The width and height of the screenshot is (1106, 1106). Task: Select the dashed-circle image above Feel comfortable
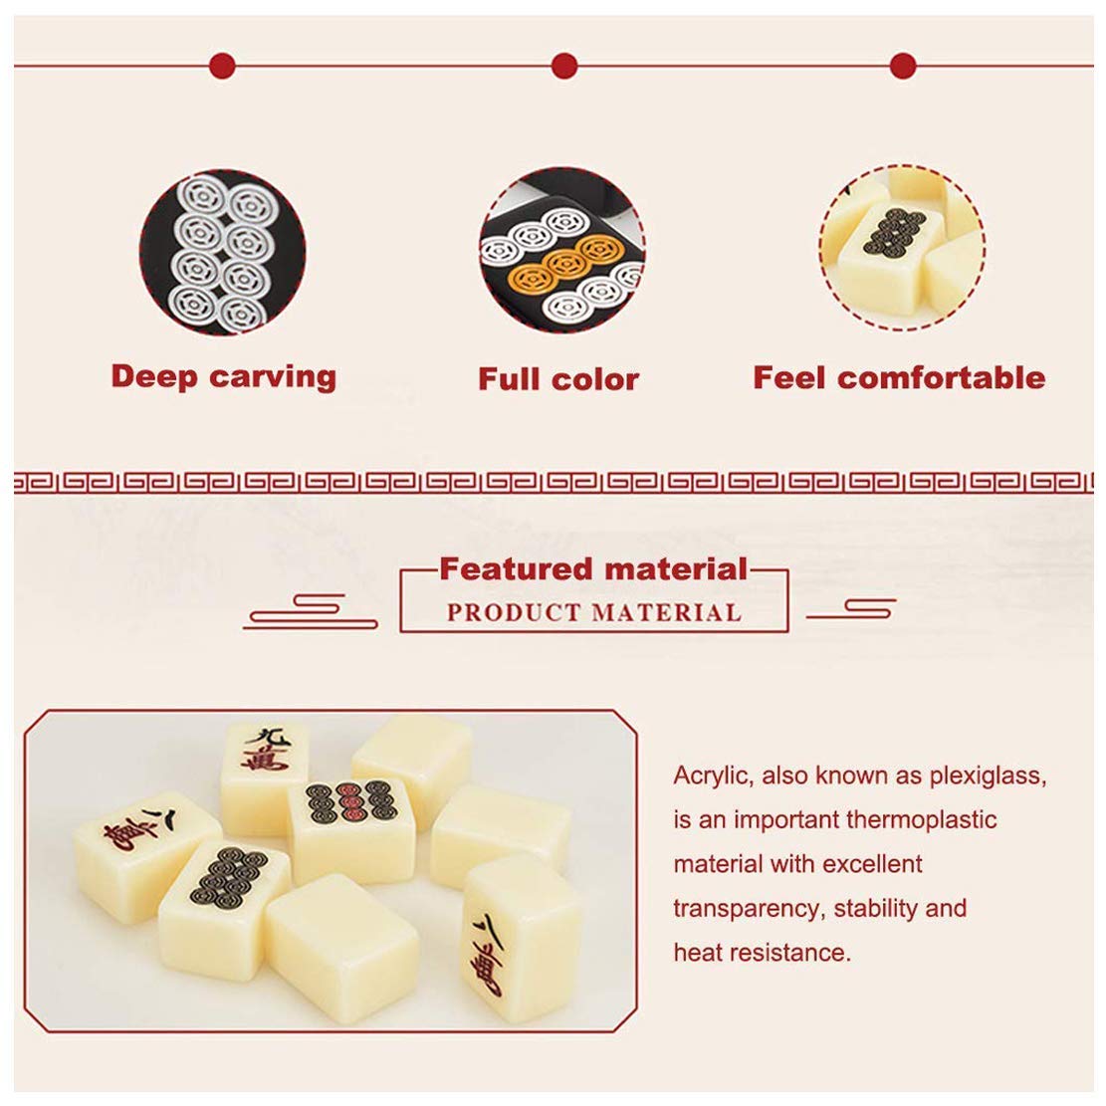(902, 249)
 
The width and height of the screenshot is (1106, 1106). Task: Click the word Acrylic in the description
(707, 776)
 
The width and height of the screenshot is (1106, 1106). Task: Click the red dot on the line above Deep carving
(223, 67)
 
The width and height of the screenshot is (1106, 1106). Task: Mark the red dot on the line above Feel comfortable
(903, 67)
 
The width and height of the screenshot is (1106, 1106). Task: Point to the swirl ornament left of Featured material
(311, 611)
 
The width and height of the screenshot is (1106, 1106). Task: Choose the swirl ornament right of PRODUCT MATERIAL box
(852, 608)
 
